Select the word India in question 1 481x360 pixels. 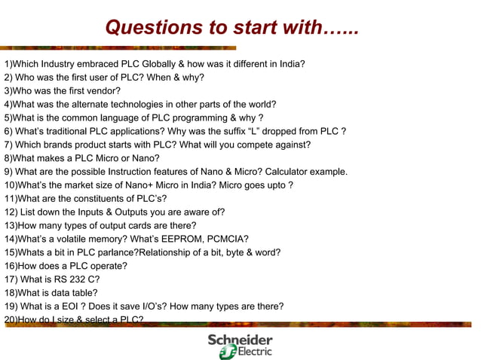[291, 64]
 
